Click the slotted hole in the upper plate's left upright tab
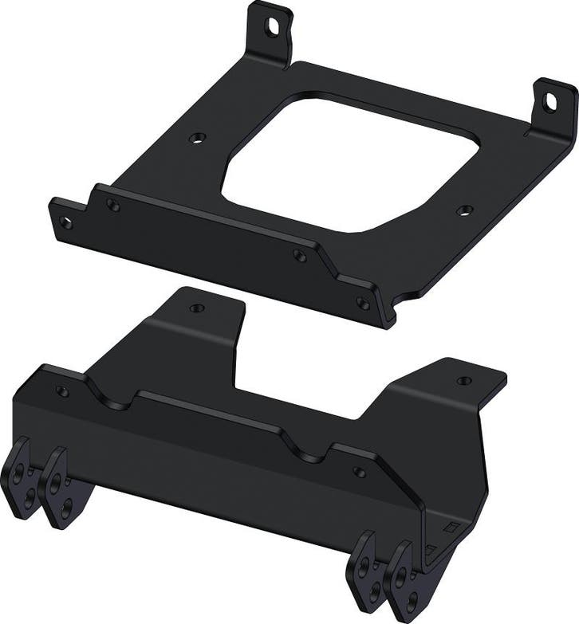coord(273,26)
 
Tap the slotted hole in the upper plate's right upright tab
coord(550,101)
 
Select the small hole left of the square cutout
coord(195,138)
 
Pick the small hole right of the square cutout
coord(465,210)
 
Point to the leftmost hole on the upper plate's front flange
coord(66,223)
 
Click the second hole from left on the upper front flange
coord(113,206)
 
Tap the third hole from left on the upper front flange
coord(298,256)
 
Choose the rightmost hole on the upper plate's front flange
coord(362,303)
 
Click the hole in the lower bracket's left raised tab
coord(196,308)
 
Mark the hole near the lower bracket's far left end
coord(61,391)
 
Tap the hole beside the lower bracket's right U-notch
coord(359,473)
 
